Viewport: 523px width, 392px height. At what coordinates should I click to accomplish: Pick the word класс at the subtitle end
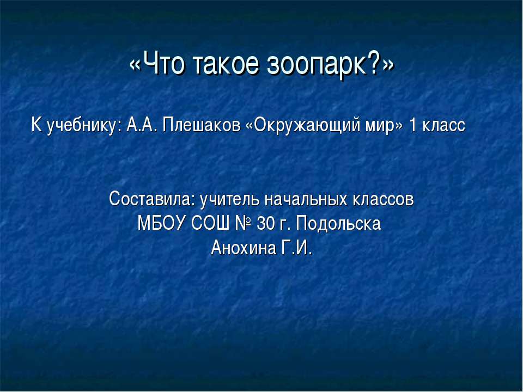(444, 126)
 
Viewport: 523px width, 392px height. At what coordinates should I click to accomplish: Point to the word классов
(383, 200)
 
